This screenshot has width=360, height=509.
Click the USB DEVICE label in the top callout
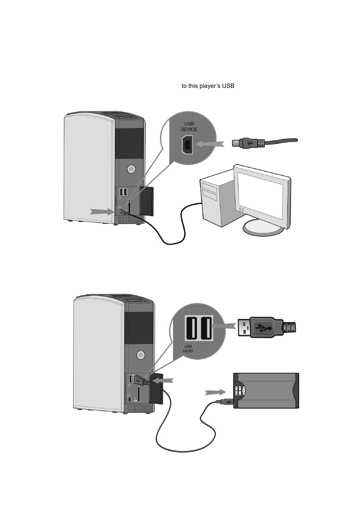[189, 126]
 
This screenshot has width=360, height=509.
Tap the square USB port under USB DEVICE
[187, 145]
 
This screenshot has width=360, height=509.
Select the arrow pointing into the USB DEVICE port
[209, 144]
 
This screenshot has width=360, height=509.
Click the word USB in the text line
[228, 86]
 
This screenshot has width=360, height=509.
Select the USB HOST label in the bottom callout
[188, 349]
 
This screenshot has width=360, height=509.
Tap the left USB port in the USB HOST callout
[191, 328]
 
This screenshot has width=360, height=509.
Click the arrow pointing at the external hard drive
[216, 392]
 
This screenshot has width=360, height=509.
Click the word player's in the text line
[208, 86]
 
